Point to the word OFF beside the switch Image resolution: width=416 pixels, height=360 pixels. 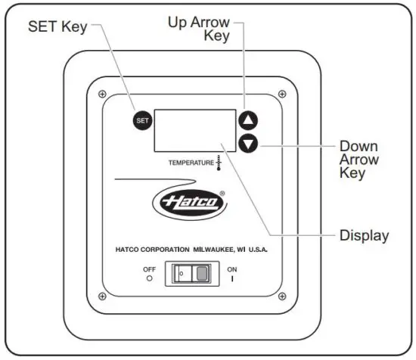coord(150,268)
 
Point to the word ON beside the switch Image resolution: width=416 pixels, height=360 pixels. coord(232,268)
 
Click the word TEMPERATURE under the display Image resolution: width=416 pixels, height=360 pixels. coord(190,163)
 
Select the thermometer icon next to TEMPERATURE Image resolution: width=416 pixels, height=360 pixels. coord(218,163)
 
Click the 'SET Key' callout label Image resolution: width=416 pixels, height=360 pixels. coord(57,28)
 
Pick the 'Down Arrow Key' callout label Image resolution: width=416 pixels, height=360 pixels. coord(359,160)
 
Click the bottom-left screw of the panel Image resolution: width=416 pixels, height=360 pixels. coord(101,296)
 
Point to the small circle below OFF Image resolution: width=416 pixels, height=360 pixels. coord(150,278)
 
